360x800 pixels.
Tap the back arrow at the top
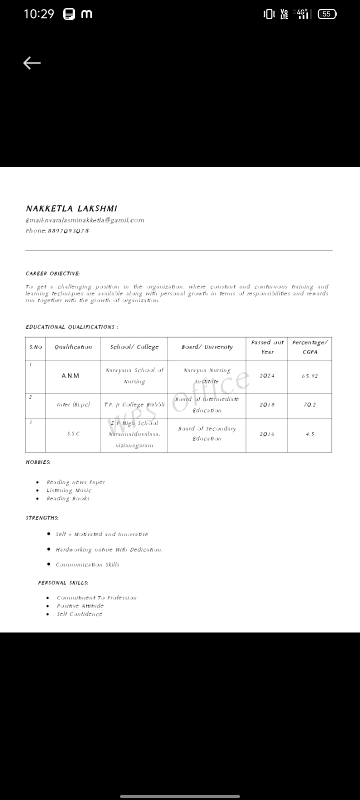32,62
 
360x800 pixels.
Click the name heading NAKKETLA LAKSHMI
71,208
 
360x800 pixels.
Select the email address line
85,220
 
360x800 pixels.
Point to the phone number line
57,230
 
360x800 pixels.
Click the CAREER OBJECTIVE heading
52,273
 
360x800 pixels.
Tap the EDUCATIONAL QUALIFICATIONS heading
72,327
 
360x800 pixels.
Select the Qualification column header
73,347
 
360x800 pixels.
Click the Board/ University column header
207,347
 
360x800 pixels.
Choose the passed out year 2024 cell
267,375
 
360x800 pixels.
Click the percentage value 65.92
309,376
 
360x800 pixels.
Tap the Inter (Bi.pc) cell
73,404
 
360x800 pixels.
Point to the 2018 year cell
267,404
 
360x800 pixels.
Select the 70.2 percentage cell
309,404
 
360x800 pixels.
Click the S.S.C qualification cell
73,434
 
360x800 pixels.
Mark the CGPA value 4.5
309,434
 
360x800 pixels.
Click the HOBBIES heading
38,462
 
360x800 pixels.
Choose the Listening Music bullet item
69,490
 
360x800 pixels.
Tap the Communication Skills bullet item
87,564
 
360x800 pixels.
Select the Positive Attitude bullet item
80,606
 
